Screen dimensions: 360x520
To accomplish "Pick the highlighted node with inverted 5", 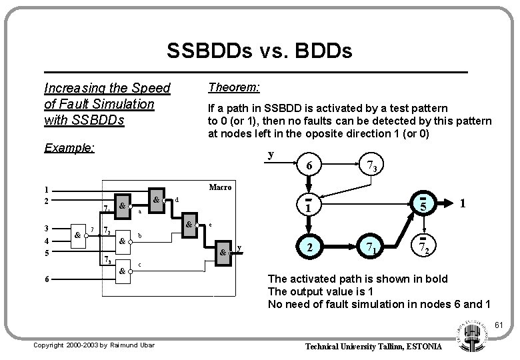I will [422, 206].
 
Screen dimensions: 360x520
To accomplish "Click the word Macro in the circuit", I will [219, 187].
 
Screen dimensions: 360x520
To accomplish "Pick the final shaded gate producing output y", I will [223, 253].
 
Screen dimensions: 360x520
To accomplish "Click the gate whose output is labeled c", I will [123, 271].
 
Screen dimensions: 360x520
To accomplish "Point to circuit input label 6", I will [45, 279].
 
